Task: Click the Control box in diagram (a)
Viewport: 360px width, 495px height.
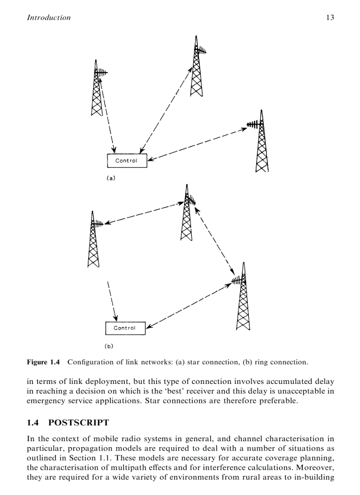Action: (x=127, y=161)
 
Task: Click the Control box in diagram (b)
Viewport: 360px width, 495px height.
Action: (x=125, y=328)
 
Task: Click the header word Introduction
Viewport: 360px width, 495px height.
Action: (x=49, y=18)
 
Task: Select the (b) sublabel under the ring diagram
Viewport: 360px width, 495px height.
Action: (x=109, y=346)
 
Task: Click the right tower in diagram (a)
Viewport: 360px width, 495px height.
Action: (x=262, y=143)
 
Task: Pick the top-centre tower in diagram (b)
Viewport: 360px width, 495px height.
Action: (x=187, y=214)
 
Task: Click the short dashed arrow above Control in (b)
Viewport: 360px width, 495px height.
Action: (x=112, y=300)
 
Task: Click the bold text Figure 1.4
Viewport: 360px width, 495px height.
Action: (x=43, y=362)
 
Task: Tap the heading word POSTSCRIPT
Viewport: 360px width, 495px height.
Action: (x=78, y=423)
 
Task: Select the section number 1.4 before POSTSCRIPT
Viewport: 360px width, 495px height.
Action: (x=34, y=423)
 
